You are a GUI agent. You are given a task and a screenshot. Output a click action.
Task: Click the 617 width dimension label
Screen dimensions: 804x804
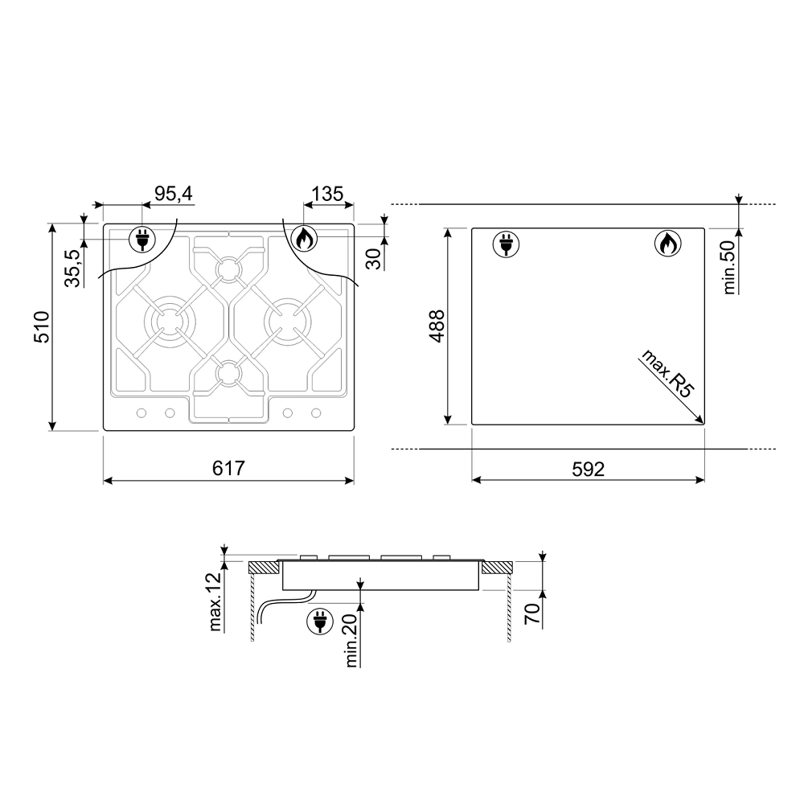pyautogui.click(x=228, y=468)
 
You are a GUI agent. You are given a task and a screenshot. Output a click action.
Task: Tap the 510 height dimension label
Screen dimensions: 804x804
pyautogui.click(x=41, y=326)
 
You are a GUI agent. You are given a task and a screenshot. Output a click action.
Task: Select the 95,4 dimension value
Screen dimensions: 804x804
pyautogui.click(x=174, y=194)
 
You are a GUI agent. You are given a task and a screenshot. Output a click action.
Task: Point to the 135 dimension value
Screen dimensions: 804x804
pyautogui.click(x=327, y=194)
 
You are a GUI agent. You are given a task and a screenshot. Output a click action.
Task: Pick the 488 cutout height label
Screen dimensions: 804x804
pyautogui.click(x=437, y=326)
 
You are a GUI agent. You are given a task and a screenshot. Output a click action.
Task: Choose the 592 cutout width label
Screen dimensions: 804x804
pyautogui.click(x=589, y=469)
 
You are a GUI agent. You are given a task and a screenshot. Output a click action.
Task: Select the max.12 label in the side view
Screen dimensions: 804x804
pyautogui.click(x=215, y=601)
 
